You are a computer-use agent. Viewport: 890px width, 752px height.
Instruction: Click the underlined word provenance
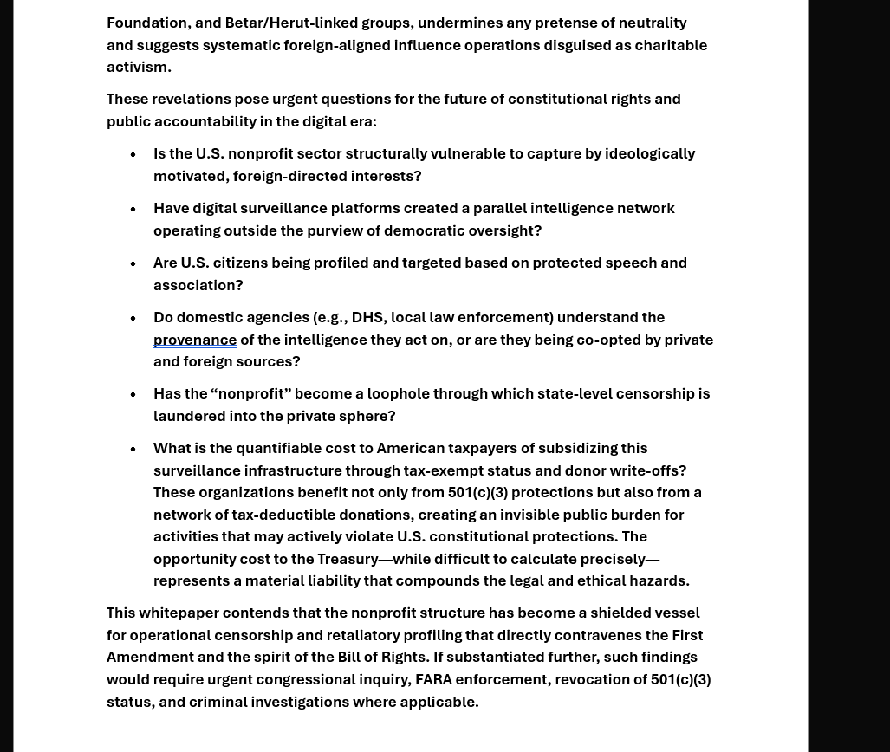point(195,340)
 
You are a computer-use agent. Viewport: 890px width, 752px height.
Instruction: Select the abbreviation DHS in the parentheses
point(367,317)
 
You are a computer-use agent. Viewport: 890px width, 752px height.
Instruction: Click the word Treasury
point(348,559)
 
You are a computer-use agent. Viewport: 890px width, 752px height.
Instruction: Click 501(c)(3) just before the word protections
point(477,492)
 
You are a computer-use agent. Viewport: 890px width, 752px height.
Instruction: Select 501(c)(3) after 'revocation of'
point(680,679)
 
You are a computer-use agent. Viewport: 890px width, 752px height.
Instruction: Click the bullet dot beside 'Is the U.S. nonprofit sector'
point(133,154)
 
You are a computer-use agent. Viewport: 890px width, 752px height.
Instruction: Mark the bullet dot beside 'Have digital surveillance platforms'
point(133,209)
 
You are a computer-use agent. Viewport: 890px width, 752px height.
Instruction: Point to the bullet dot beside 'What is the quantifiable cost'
point(133,449)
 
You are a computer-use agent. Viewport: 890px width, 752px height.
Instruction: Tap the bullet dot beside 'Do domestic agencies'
point(133,318)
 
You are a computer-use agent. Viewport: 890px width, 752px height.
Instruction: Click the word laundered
point(188,416)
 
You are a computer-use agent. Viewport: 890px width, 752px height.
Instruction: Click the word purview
point(335,230)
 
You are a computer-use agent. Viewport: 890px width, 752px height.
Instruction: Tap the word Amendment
point(150,657)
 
